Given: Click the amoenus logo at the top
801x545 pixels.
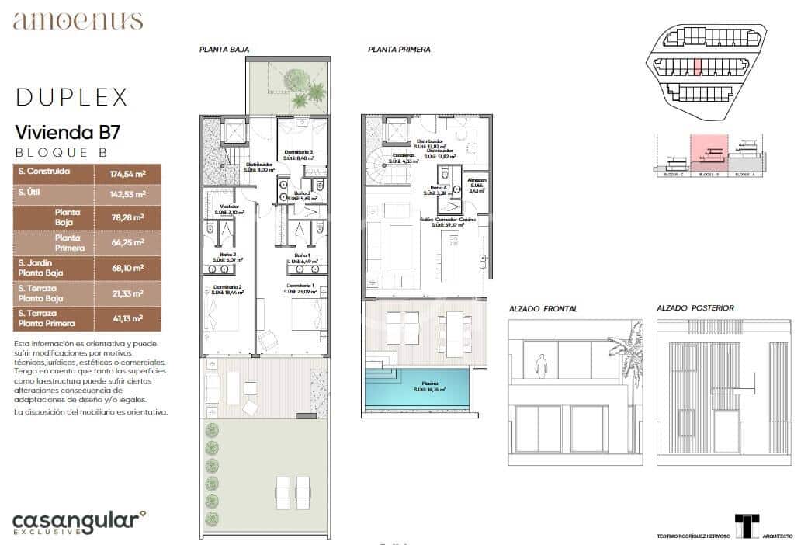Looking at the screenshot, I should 78,21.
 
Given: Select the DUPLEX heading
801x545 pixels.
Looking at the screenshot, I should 71,97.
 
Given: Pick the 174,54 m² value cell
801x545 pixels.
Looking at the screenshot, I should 127,172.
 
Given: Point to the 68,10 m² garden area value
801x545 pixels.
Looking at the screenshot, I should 127,268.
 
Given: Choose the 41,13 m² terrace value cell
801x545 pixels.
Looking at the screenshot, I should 127,318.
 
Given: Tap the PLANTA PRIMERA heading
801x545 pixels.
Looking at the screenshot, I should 399,49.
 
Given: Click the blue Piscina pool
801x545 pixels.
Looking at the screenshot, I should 417,390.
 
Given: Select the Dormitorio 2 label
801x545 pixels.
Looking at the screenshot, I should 228,287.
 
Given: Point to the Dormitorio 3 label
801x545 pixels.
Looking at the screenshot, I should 300,152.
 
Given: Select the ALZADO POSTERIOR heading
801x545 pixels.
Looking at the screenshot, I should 695,308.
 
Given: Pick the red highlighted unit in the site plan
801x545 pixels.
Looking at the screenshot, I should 698,68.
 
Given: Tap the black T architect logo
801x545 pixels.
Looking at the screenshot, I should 747,525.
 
